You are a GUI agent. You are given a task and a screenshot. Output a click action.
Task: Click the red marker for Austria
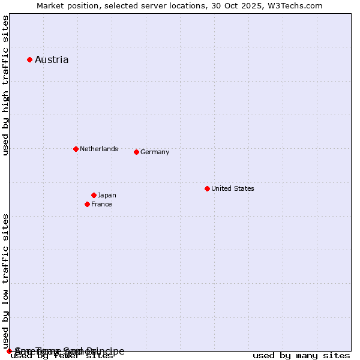point(29,59)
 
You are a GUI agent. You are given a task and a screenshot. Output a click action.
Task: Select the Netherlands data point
point(76,149)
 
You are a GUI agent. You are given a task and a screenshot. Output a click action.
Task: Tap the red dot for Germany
point(136,152)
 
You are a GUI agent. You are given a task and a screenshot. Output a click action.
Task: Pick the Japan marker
point(94,195)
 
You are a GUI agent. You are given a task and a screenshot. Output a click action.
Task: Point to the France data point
point(87,204)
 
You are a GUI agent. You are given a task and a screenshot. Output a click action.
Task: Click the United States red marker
point(207,188)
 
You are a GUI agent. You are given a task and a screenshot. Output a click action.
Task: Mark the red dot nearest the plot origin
point(9,351)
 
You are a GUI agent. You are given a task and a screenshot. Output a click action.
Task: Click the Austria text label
point(52,59)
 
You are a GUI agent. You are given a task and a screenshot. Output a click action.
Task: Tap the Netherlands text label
point(99,149)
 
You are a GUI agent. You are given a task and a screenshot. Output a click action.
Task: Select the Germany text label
point(155,152)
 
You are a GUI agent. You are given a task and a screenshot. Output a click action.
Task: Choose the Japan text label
point(107,195)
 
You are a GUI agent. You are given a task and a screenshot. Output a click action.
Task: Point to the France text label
point(101,204)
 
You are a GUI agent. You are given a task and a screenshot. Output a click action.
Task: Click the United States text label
point(233,188)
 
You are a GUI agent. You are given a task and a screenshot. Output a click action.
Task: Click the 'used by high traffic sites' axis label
point(6,85)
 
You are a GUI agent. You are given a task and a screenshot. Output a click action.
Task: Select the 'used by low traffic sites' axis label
point(6,281)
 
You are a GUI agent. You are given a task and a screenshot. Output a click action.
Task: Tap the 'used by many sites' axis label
point(301,356)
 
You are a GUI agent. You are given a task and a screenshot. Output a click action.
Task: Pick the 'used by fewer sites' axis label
point(62,356)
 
